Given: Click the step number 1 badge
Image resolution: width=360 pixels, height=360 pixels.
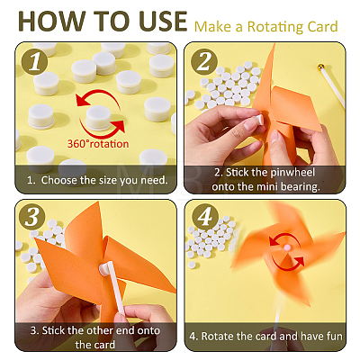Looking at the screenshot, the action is (x=34, y=61).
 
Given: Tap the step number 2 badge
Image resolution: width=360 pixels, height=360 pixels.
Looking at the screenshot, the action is (x=204, y=61).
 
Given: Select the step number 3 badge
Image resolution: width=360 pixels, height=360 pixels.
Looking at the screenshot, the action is (x=31, y=217).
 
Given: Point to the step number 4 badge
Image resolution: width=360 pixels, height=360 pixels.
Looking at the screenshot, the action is (x=205, y=217).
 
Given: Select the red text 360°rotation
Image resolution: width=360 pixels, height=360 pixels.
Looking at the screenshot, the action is (x=98, y=144).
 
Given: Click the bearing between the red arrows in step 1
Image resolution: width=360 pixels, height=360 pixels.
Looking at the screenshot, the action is (x=98, y=118).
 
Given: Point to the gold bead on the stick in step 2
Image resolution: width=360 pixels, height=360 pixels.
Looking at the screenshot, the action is (x=321, y=67).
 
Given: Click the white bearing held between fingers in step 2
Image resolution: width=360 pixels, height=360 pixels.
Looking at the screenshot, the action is (x=259, y=119).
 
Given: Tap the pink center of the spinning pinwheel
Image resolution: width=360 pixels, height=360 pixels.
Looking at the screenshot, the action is (x=287, y=247).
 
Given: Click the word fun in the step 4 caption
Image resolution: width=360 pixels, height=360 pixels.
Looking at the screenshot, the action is (x=334, y=337).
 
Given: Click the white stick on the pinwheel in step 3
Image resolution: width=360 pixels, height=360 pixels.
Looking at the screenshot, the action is (x=116, y=287).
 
